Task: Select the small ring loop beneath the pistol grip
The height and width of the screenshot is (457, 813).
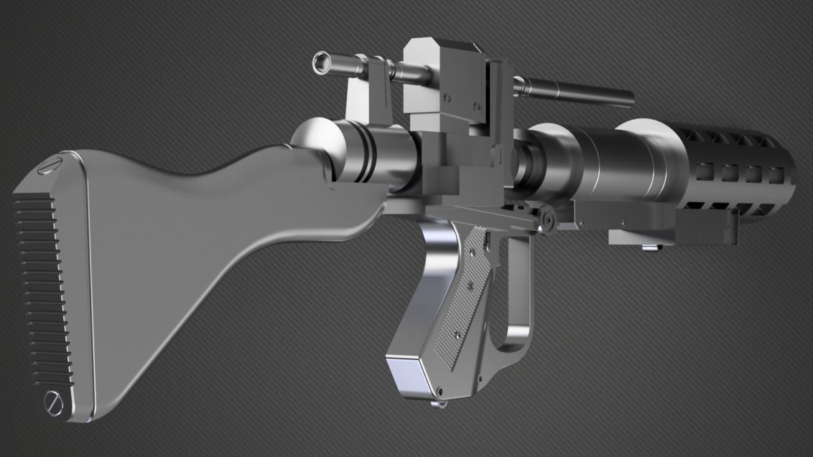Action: (x=435, y=406)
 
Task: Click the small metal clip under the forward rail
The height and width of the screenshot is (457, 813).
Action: (x=650, y=248)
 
